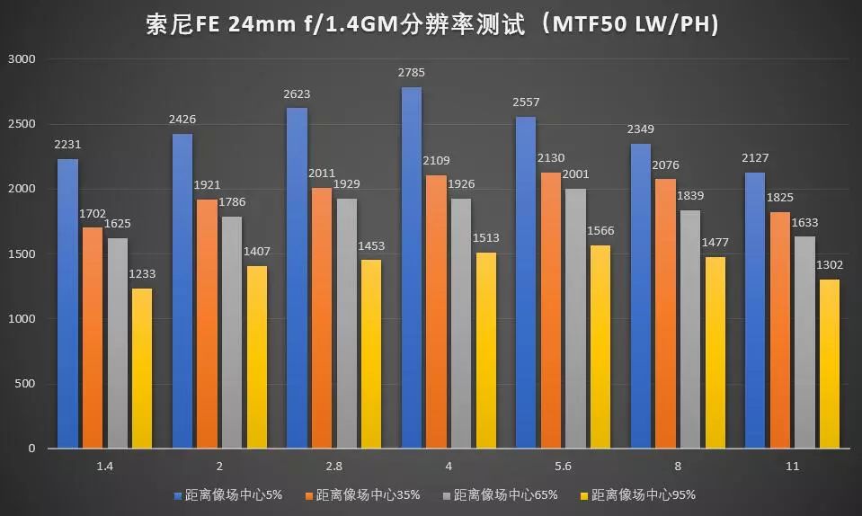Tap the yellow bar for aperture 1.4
coord(142,368)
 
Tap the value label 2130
coord(551,158)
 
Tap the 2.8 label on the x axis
coord(333,466)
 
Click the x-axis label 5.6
coord(563,466)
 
